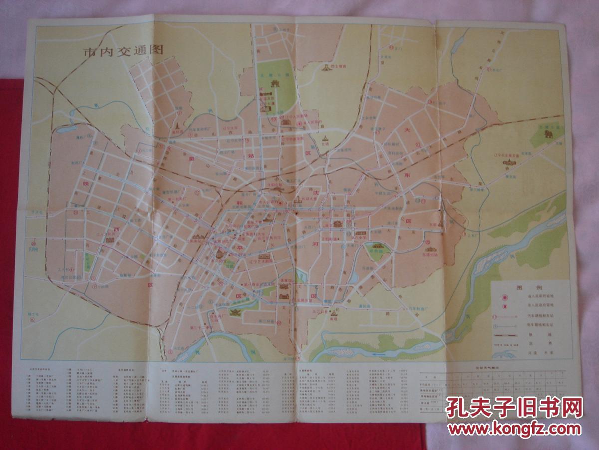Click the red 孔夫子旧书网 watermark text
514,408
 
